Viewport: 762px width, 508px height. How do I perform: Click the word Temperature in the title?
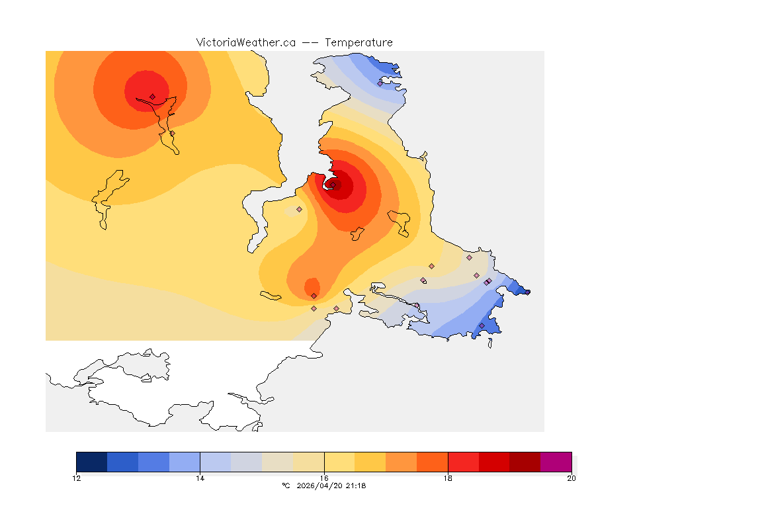tap(359, 42)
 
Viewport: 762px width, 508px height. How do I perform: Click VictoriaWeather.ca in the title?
tap(245, 42)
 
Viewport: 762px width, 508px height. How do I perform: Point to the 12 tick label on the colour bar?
tap(77, 478)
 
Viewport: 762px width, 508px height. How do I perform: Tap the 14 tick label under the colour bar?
tap(200, 478)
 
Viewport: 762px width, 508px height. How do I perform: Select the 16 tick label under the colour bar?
tap(324, 478)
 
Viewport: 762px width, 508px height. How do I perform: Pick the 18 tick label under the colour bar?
tap(448, 478)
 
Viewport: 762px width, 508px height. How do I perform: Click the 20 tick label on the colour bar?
tap(571, 478)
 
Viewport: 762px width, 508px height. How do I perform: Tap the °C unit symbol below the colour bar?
tap(286, 486)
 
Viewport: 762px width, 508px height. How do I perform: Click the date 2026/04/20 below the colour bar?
tap(320, 486)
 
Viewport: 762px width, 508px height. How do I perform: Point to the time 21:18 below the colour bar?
tap(356, 486)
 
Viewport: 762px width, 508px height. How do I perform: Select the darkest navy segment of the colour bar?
tap(92, 462)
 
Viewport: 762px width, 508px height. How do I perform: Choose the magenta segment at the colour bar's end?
tap(556, 462)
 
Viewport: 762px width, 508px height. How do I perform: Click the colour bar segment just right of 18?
tap(463, 462)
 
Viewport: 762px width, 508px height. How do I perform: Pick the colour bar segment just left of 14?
tap(185, 462)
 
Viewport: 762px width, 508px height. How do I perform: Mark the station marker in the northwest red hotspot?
tap(152, 97)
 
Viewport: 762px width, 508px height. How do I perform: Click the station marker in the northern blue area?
tap(380, 83)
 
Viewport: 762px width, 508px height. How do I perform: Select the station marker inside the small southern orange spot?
tap(314, 296)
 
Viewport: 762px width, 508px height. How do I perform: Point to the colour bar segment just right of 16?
tap(339, 462)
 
